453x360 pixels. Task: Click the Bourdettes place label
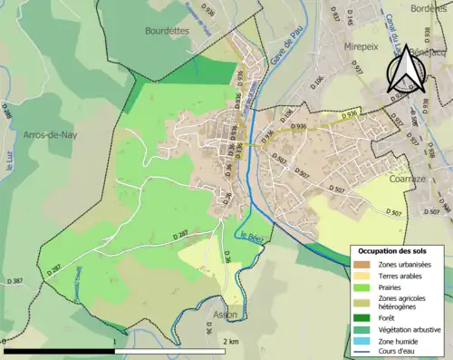tap(166, 30)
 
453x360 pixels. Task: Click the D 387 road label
tap(14, 282)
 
